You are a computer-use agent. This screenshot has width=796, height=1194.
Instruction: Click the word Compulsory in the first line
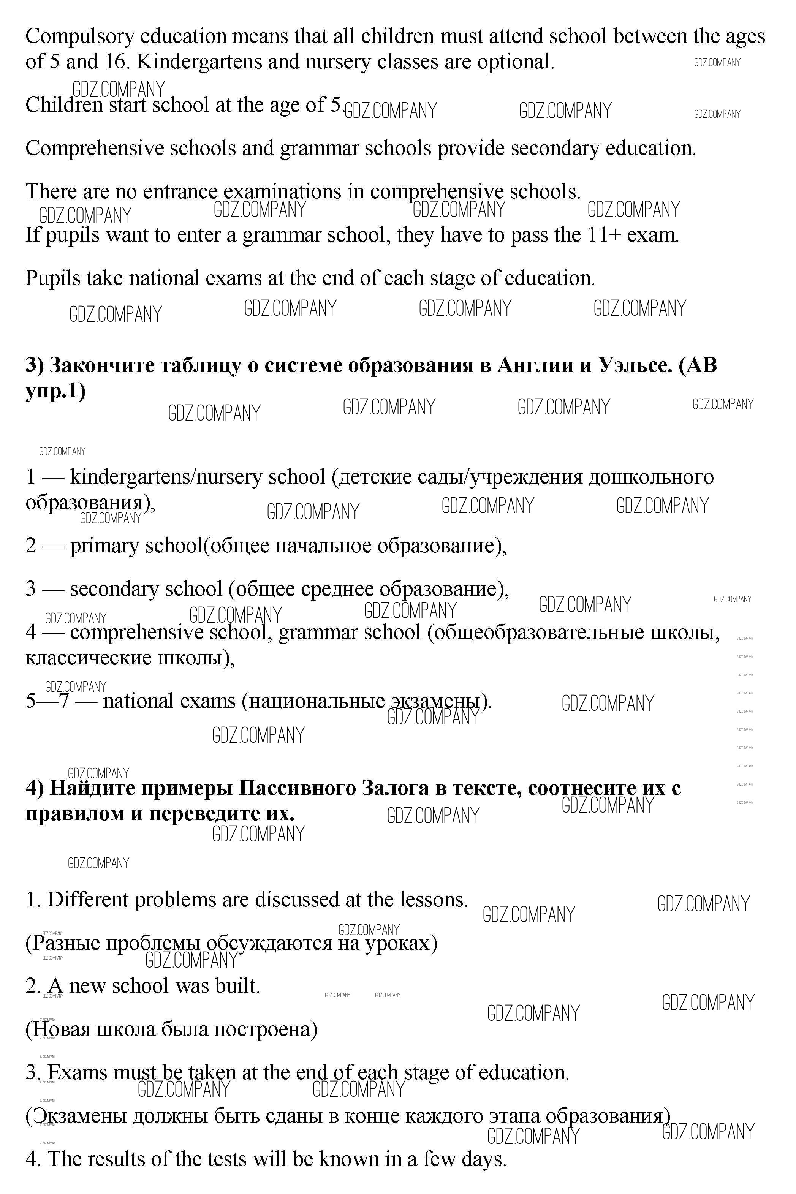click(x=80, y=36)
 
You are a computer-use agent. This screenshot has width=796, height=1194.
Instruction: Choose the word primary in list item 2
click(x=104, y=546)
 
